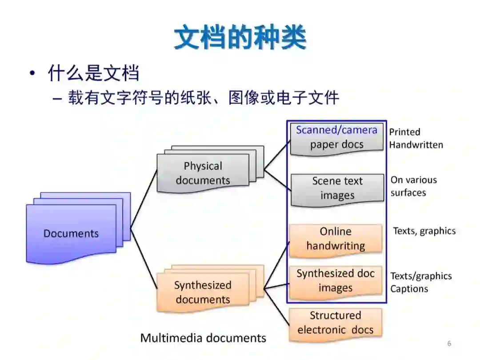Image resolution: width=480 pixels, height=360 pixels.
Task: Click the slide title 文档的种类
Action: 240,38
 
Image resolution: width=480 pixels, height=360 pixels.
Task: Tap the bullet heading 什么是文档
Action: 93,73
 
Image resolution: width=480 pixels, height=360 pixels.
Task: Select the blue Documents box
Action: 71,233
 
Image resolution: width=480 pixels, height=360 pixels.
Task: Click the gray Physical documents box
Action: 203,173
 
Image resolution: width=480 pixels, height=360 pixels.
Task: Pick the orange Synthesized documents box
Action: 203,292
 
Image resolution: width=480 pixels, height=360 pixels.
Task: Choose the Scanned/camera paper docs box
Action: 336,137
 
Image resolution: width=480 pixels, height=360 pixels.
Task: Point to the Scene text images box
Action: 337,188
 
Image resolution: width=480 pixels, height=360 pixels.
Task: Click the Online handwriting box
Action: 336,239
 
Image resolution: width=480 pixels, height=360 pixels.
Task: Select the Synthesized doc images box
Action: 336,281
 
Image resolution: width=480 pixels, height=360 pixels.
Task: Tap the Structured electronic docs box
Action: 335,323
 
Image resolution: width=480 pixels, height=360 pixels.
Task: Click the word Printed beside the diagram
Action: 404,132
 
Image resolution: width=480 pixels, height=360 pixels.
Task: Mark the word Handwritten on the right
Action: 416,145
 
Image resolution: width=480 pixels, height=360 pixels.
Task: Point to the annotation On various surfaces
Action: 413,186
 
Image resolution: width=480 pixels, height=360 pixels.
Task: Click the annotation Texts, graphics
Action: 424,231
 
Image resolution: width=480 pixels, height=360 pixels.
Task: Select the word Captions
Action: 409,289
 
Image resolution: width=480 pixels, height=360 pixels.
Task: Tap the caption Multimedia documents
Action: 203,338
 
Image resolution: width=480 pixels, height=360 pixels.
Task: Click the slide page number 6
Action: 449,344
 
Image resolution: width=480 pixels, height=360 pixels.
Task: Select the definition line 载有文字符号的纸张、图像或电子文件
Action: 204,98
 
